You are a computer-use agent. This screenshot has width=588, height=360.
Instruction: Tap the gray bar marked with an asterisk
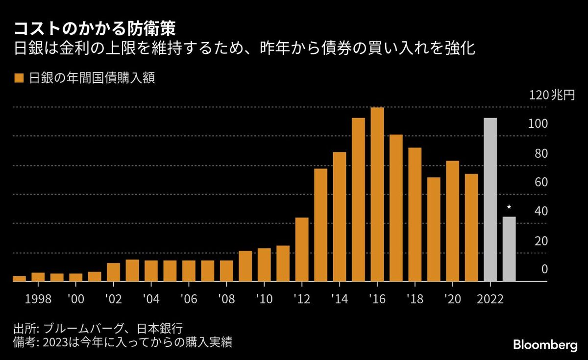click(509, 249)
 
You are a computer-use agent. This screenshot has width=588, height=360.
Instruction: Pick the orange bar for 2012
click(302, 250)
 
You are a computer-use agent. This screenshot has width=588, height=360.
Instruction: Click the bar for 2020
click(452, 221)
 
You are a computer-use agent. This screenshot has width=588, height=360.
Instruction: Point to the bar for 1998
click(38, 277)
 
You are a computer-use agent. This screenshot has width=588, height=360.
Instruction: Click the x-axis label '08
click(226, 298)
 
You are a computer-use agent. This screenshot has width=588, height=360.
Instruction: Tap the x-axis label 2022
click(490, 298)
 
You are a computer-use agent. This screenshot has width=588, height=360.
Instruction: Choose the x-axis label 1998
click(38, 298)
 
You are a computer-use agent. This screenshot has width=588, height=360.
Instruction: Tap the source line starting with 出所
click(100, 328)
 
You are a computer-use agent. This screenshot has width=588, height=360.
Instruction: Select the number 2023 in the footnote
click(57, 342)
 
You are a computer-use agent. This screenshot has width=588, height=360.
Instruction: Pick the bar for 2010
click(264, 265)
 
